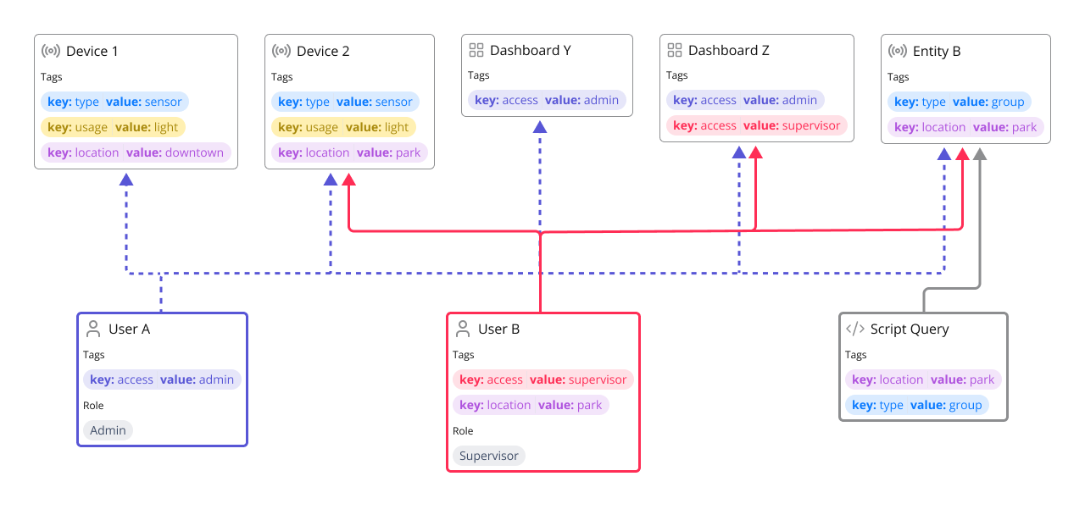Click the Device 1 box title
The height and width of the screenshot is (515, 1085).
pyautogui.click(x=92, y=51)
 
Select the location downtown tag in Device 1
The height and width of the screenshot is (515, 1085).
pyautogui.click(x=136, y=152)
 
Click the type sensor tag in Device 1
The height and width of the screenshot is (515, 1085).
pyautogui.click(x=114, y=102)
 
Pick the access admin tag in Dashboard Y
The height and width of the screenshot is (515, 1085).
pyautogui.click(x=547, y=100)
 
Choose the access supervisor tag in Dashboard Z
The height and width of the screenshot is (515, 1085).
pyautogui.click(x=756, y=125)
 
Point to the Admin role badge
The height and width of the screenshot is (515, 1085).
pyautogui.click(x=108, y=430)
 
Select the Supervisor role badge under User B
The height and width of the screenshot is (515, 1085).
pyautogui.click(x=488, y=456)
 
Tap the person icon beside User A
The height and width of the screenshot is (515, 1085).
pyautogui.click(x=93, y=329)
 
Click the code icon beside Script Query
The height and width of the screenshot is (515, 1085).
pyautogui.click(x=855, y=329)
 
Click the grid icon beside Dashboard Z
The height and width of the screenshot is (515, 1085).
pyautogui.click(x=675, y=51)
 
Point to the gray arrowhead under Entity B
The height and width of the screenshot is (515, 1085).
pyautogui.click(x=980, y=154)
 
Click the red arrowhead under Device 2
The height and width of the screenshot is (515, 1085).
pyautogui.click(x=348, y=180)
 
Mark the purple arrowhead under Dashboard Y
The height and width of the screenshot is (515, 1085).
pyautogui.click(x=540, y=127)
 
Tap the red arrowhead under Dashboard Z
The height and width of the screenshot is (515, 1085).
pyautogui.click(x=756, y=152)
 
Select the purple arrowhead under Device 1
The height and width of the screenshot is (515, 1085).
pyautogui.click(x=126, y=180)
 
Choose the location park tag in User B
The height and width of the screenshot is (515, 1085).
pyautogui.click(x=531, y=405)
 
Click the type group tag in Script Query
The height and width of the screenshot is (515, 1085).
pyautogui.click(x=916, y=405)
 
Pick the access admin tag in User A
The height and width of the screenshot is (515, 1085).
pyautogui.click(x=163, y=379)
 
